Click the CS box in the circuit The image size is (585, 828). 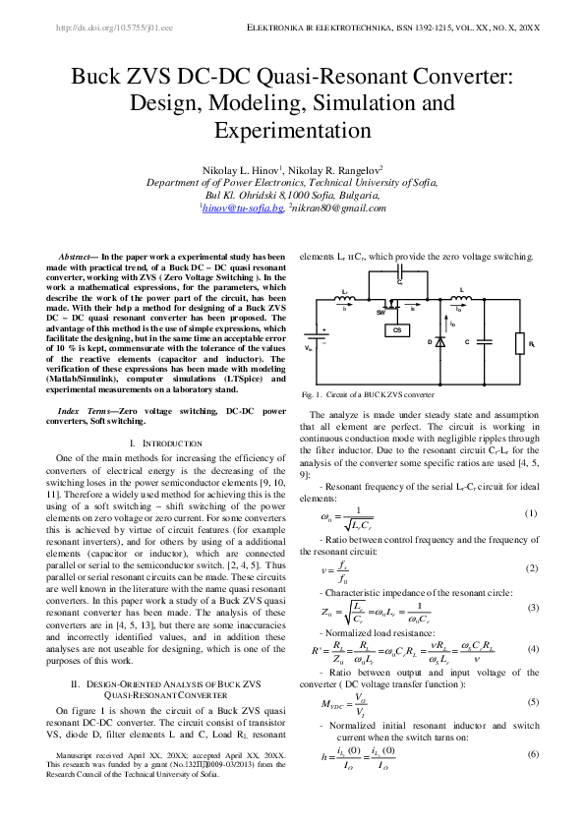pos(398,330)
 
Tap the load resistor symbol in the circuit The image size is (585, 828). pos(520,342)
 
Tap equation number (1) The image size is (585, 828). pos(531,513)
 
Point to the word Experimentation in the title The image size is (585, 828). pos(292,131)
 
